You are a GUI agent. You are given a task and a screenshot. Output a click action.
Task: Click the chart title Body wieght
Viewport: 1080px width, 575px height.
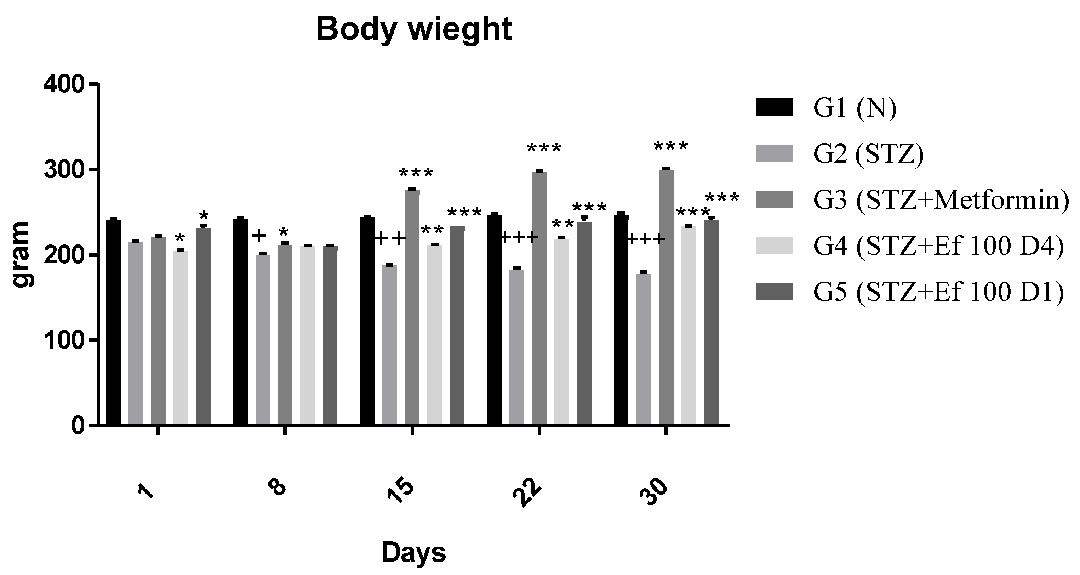pos(414,29)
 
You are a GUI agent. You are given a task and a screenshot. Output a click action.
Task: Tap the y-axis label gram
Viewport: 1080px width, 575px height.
pos(21,254)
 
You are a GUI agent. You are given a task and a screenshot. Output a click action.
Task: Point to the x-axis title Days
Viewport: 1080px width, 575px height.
pos(413,553)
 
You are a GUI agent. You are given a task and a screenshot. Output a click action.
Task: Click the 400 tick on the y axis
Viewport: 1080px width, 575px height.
pos(64,85)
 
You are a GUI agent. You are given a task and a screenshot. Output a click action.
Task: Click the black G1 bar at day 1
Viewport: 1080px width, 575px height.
pos(113,322)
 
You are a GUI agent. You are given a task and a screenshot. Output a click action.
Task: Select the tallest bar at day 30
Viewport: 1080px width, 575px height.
pos(666,297)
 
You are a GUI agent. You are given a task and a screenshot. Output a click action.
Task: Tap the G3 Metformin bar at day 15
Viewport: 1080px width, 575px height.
pos(412,307)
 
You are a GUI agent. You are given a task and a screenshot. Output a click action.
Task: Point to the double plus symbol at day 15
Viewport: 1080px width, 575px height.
pos(390,238)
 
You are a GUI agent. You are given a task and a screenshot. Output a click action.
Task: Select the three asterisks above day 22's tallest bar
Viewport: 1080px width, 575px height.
pos(544,148)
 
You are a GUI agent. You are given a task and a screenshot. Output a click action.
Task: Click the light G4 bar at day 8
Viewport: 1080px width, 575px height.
pos(307,336)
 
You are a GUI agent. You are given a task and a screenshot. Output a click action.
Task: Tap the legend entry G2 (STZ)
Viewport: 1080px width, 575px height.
pos(868,154)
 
